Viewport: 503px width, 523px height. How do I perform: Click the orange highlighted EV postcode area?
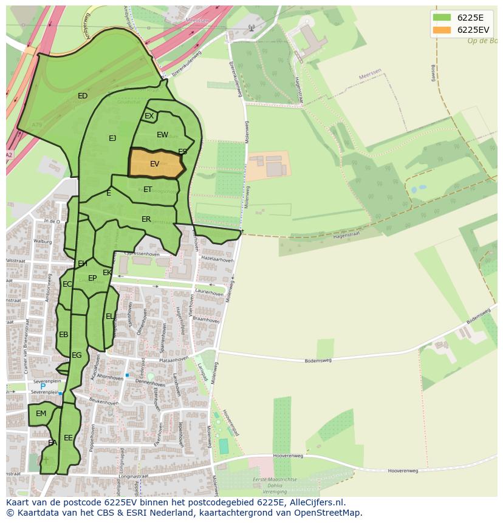tap(156, 163)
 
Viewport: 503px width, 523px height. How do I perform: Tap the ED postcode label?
tap(83, 96)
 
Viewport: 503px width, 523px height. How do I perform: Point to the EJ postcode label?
tap(112, 138)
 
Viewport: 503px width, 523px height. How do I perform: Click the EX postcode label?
tap(149, 116)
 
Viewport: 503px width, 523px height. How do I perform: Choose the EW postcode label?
tap(162, 135)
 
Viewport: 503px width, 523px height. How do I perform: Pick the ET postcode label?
tap(148, 190)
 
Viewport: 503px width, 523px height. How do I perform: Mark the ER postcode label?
tap(146, 219)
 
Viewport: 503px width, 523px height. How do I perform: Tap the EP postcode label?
tap(92, 278)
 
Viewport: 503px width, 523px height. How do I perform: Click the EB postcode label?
tap(64, 335)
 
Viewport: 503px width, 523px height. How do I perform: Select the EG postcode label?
tap(77, 355)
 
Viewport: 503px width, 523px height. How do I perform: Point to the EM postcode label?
tap(41, 414)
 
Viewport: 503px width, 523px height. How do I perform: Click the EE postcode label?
tap(68, 437)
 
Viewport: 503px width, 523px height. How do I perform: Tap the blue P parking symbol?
tap(43, 386)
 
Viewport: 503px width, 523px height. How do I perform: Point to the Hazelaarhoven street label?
tap(217, 259)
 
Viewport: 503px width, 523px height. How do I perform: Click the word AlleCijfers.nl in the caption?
tap(316, 502)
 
